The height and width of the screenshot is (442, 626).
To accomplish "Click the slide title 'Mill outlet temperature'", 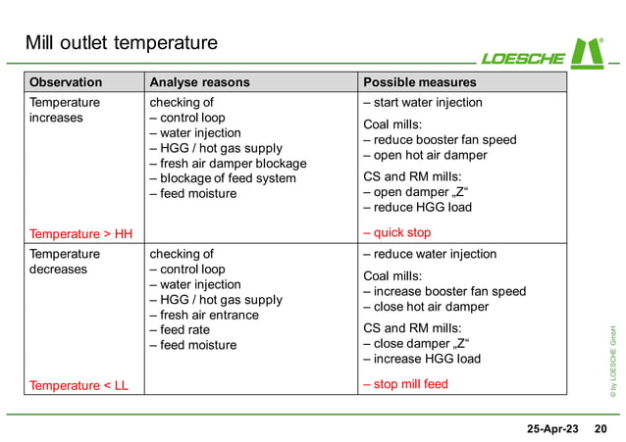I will point(121,43).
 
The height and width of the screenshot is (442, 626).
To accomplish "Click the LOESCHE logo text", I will point(525,57).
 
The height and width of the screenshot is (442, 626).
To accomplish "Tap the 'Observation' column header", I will point(66,82).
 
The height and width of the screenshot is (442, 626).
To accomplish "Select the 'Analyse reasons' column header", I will point(198,82).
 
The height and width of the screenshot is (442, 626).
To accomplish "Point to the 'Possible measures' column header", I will point(419,82).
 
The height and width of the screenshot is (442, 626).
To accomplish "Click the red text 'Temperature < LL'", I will point(78,385).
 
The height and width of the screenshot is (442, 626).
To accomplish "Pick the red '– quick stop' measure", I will point(396,233).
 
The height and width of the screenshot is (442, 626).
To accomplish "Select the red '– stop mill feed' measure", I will point(404,384).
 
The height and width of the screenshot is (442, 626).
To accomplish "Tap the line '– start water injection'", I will point(422,103).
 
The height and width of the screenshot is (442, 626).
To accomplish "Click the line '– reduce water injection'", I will point(429,254).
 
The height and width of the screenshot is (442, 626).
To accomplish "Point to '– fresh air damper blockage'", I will point(228,164).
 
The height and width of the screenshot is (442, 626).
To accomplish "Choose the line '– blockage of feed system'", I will point(222,178).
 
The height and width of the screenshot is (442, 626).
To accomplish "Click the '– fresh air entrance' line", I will point(204,315).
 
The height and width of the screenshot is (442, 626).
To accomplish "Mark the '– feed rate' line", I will point(180,330).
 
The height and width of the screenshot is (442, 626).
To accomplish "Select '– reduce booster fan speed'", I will point(439,140).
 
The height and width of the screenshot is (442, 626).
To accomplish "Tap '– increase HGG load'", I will point(422,359).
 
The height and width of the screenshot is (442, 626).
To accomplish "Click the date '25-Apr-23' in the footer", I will point(553,429).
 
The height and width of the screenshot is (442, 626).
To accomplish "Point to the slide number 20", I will point(600,429).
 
